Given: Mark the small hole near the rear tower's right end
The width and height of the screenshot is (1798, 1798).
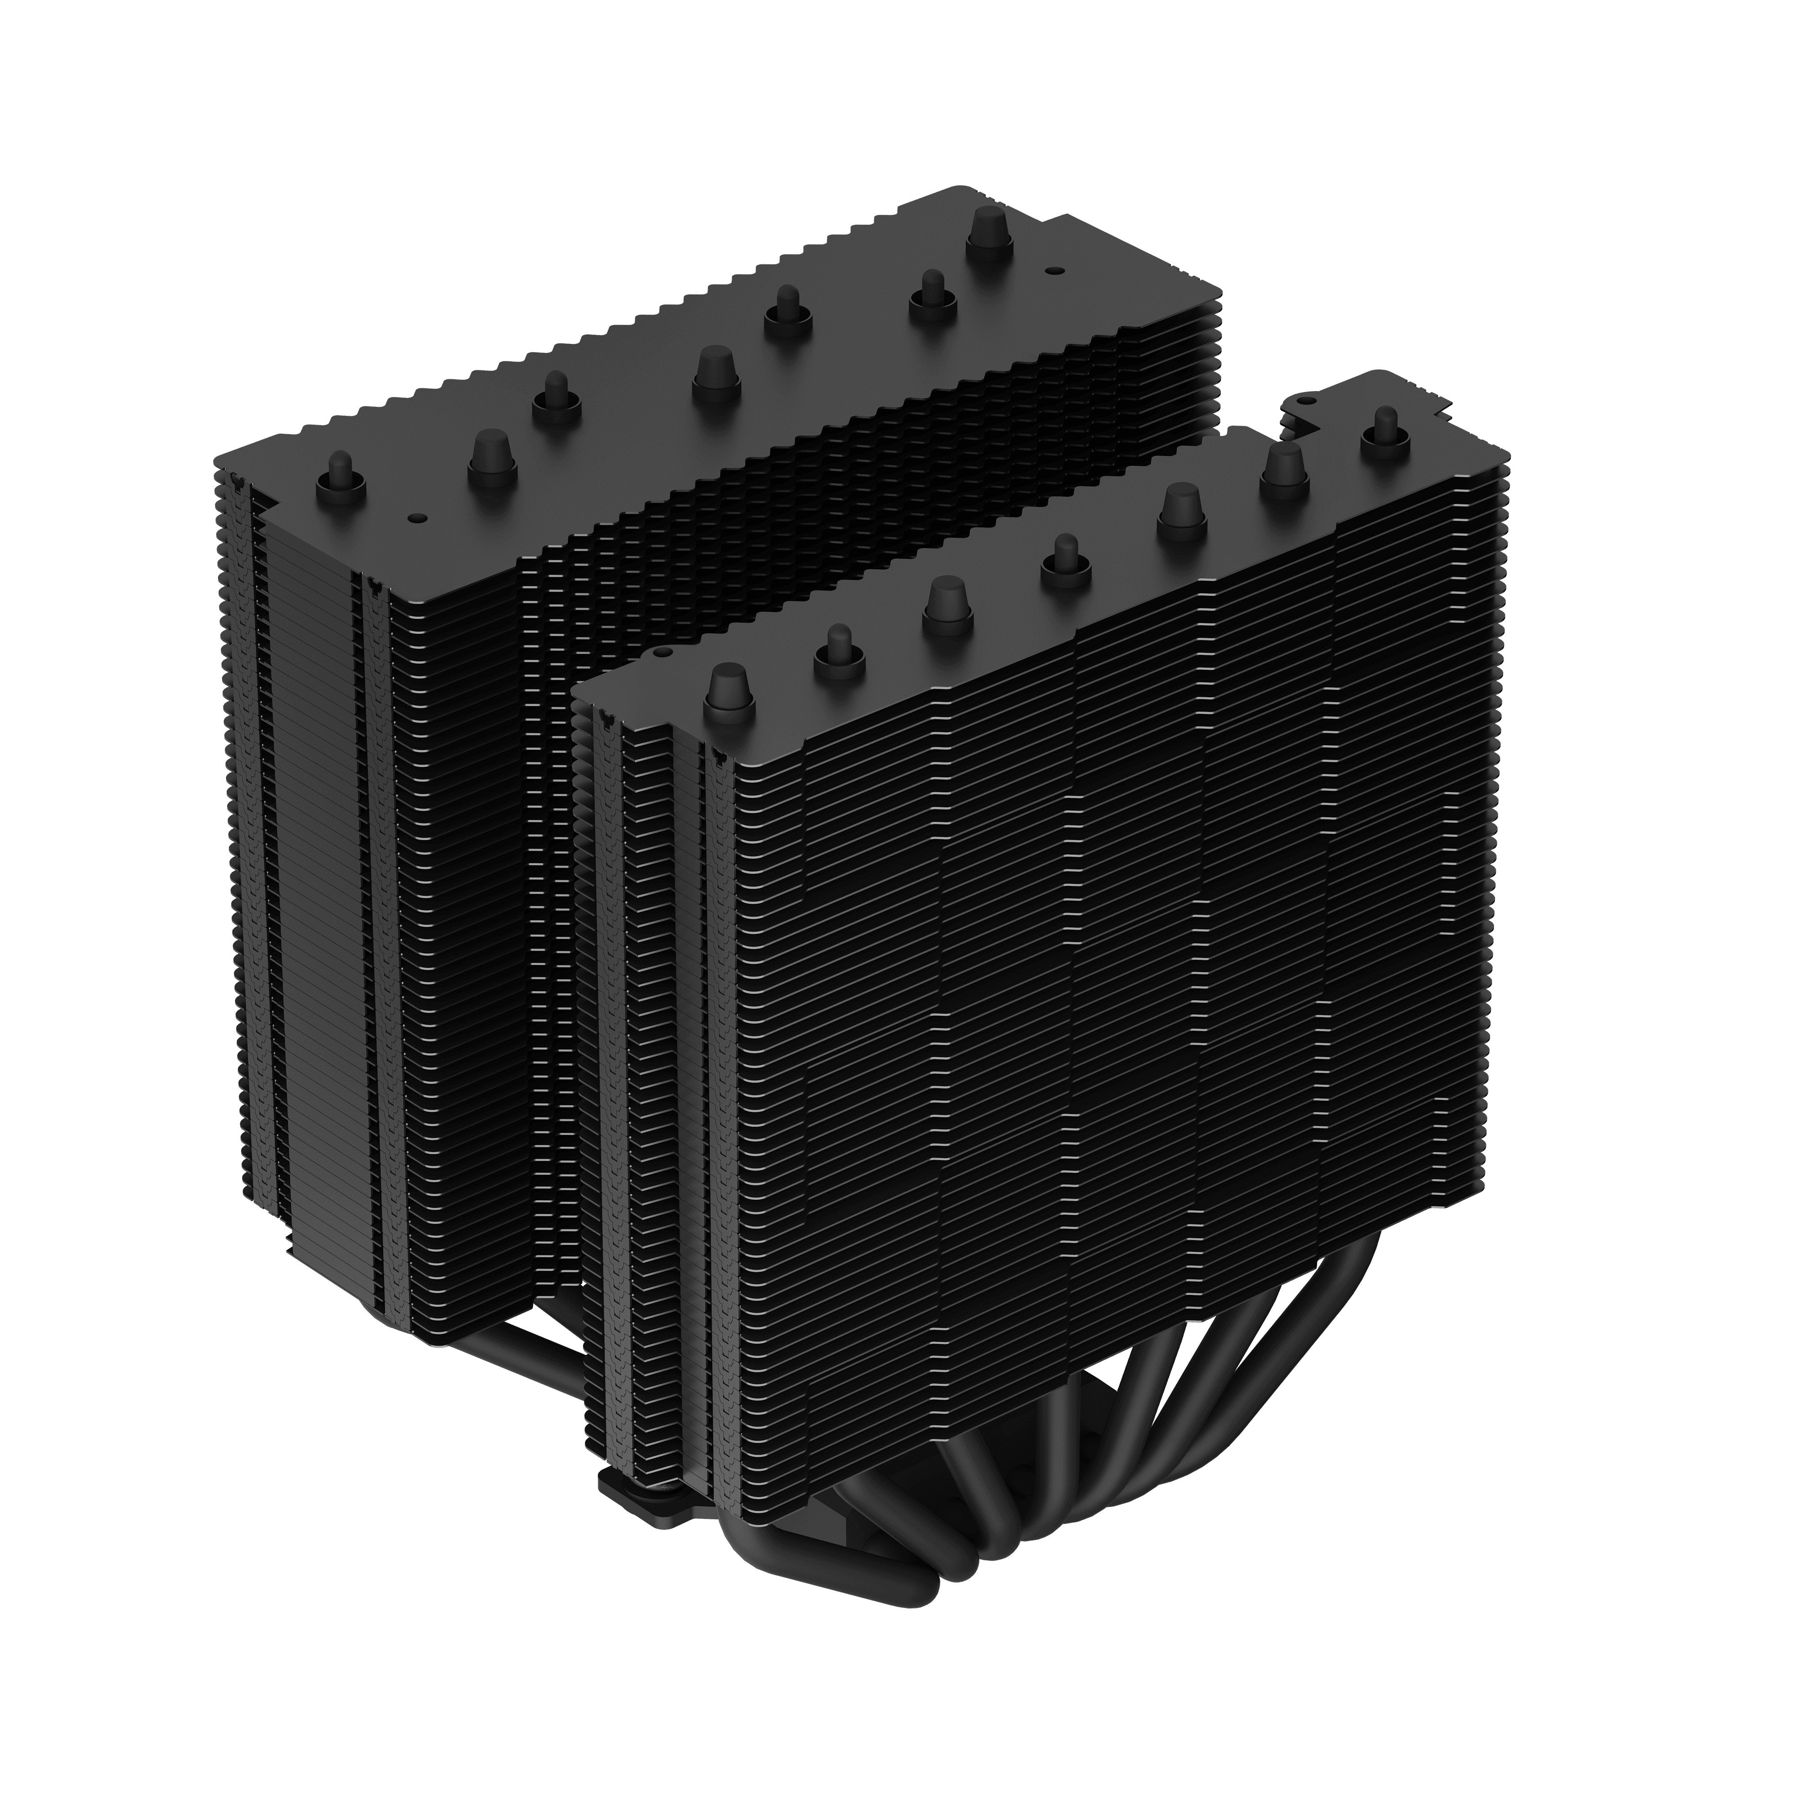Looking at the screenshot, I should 1052,272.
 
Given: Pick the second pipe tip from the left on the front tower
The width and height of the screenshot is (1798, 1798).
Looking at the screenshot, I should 837,649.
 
